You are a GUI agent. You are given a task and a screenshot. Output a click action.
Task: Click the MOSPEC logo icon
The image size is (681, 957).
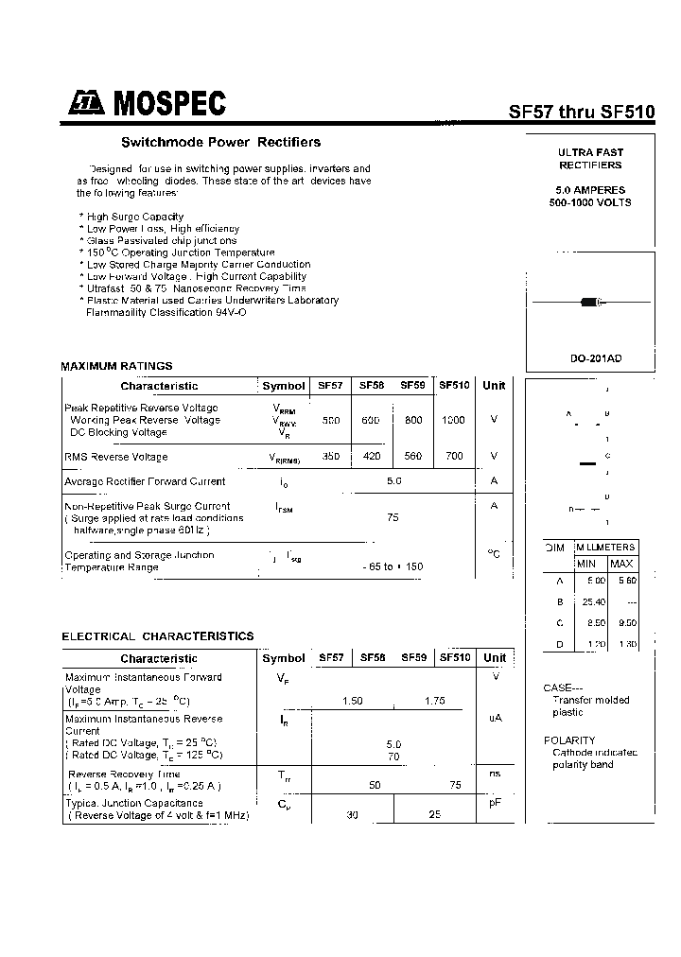point(86,105)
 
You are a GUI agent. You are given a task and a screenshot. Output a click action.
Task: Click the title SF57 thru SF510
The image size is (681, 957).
point(582,111)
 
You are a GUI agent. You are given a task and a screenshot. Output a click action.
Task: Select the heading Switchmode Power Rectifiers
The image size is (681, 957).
point(220,142)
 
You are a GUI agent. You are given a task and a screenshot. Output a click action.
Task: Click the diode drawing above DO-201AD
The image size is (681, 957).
point(590,303)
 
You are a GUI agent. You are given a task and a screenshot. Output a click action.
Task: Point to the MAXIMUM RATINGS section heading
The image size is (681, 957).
point(116,366)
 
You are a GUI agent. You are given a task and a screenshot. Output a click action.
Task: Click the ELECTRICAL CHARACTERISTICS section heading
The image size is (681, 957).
point(158,636)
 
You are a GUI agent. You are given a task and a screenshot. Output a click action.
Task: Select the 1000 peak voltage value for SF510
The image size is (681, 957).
point(453,420)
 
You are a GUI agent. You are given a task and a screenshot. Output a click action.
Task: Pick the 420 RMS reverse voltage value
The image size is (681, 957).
point(371,456)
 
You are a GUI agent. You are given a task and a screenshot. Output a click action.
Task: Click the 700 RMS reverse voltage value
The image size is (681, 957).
point(454,456)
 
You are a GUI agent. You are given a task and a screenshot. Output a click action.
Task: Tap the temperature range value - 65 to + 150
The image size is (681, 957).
point(393,566)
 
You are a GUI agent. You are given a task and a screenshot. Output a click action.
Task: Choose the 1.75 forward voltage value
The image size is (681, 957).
point(435,701)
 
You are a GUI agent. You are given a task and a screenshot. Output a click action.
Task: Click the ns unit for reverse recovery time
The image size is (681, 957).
point(494,774)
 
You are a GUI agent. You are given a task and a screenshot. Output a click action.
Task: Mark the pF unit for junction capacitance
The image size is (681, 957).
point(494,802)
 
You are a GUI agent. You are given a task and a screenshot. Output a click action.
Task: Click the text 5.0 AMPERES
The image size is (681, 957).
point(590,190)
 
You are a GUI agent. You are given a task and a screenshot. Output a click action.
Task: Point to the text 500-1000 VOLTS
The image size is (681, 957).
point(590,202)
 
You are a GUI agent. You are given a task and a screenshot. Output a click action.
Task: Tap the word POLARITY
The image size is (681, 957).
point(569,740)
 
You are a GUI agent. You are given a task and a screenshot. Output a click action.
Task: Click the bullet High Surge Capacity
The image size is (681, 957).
point(133,217)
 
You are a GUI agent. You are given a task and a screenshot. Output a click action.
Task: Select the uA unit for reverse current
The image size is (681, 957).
point(494,719)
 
